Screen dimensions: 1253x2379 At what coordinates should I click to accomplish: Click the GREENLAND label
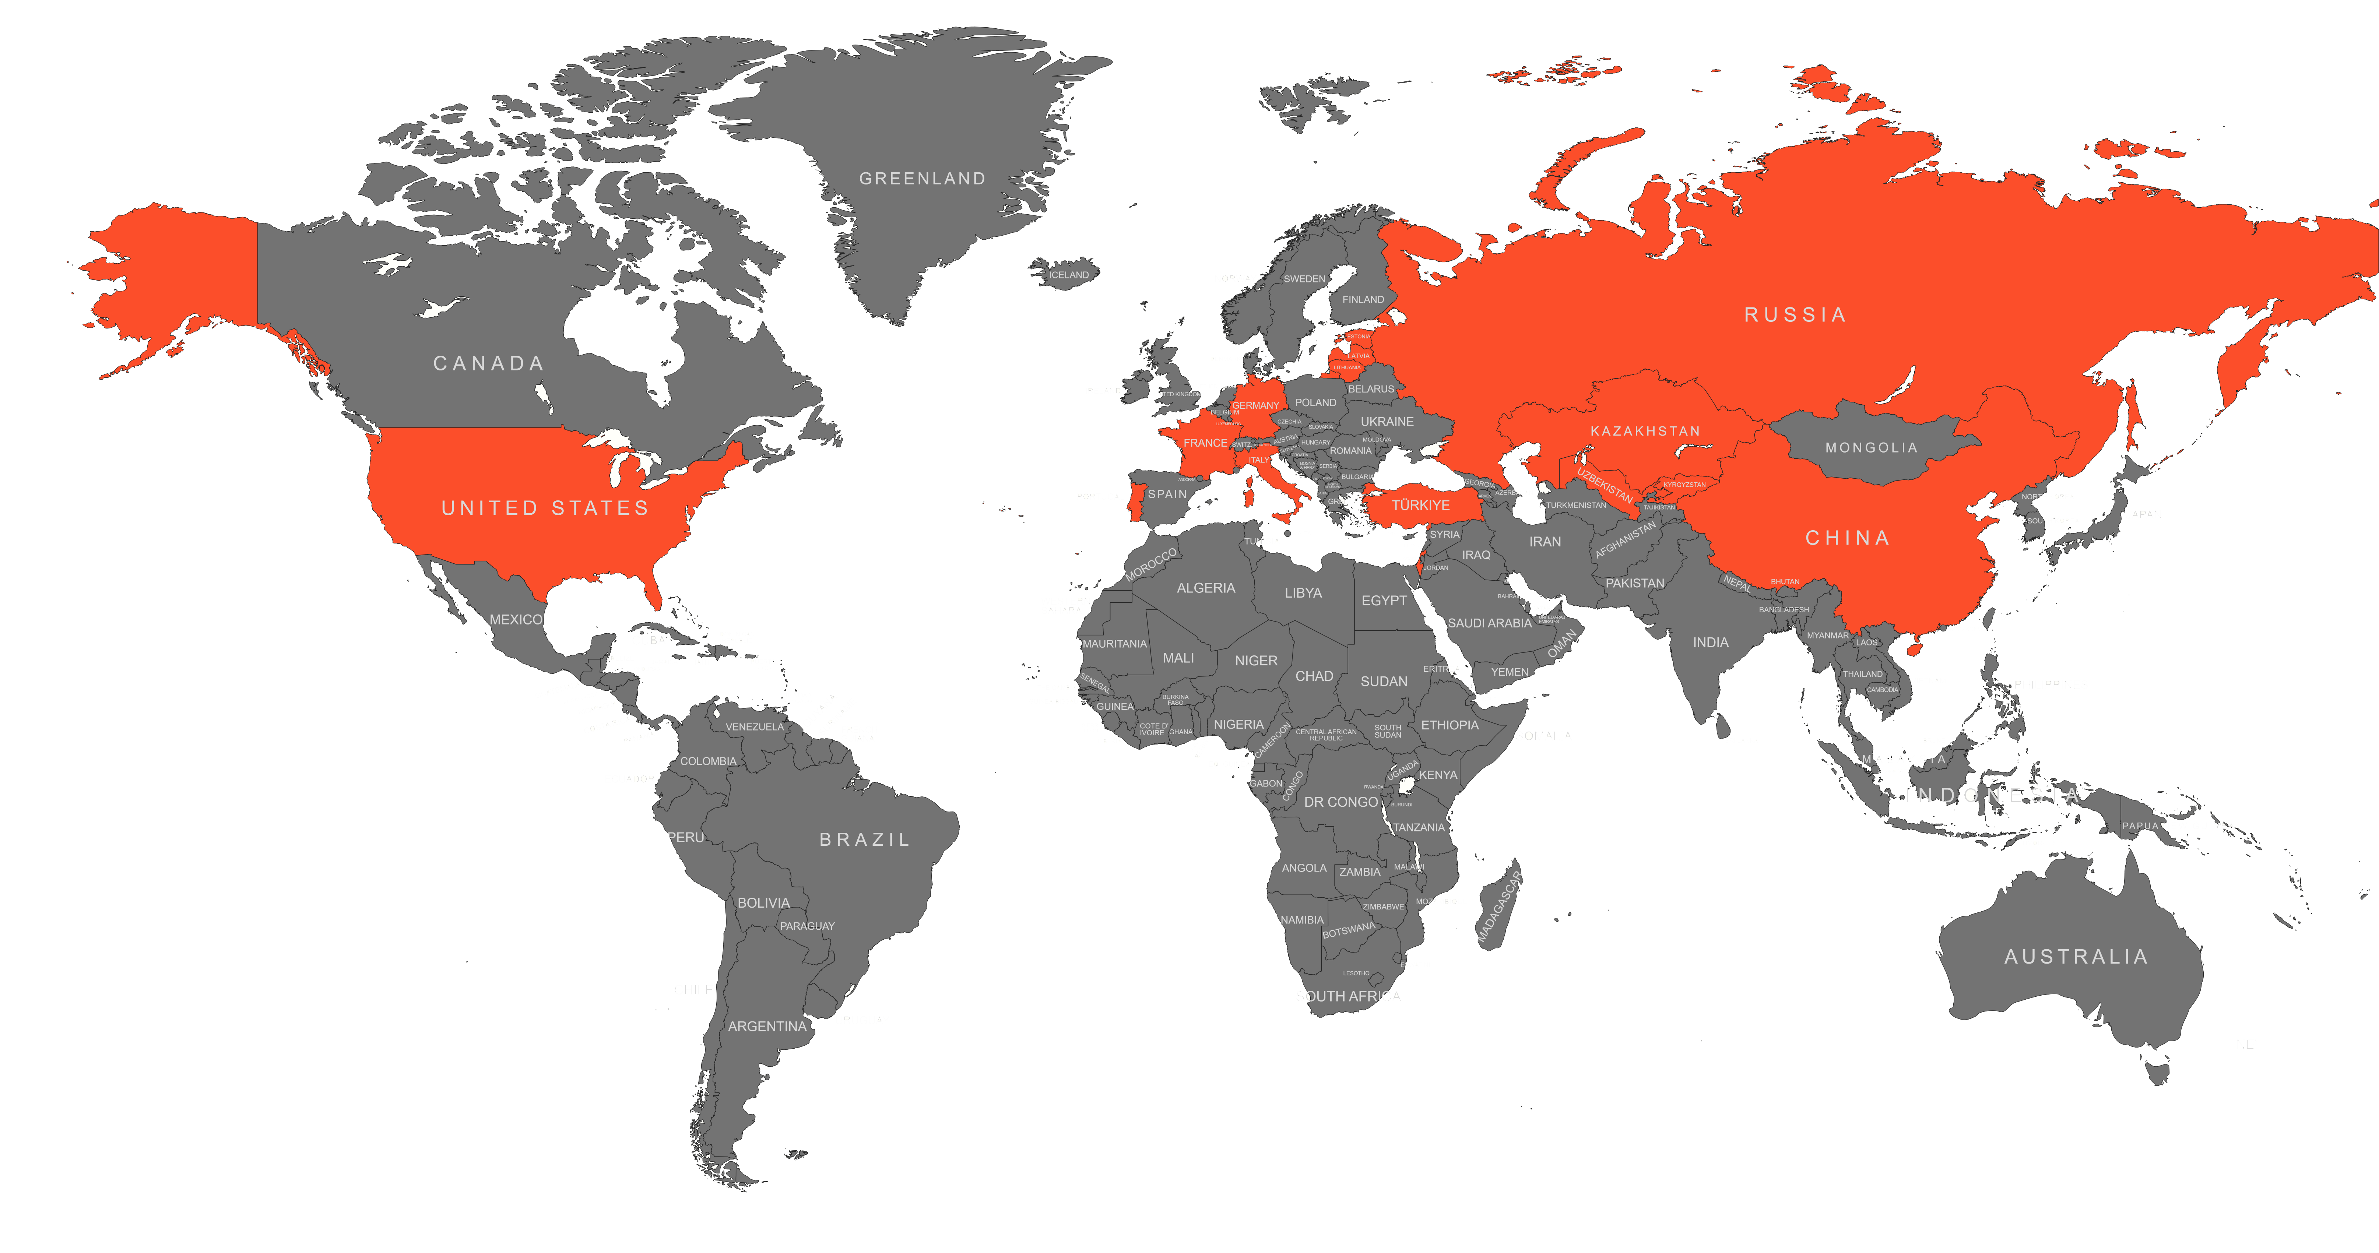coord(922,178)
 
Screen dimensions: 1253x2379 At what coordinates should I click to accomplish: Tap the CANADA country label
coord(489,363)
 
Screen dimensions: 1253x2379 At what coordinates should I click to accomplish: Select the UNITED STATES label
coord(545,508)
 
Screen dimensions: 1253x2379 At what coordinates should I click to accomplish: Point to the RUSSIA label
coord(1795,315)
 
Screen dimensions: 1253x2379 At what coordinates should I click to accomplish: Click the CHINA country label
coord(1847,538)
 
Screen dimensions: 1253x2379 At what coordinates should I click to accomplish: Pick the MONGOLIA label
coord(1871,448)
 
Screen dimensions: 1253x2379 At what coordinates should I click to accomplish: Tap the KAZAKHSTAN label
coord(1645,431)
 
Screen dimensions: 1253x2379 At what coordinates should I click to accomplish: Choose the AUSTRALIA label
coord(2075,957)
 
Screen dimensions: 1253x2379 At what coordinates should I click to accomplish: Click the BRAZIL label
coord(864,840)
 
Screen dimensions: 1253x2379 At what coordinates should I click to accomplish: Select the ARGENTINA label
coord(766,1026)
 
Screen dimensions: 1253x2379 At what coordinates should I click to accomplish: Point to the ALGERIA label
coord(1205,588)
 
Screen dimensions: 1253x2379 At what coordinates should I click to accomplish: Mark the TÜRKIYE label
coord(1420,505)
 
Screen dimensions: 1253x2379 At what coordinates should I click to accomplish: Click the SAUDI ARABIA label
coord(1489,623)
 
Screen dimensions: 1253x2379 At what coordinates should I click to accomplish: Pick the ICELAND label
coord(1068,275)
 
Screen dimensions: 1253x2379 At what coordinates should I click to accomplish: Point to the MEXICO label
coord(515,620)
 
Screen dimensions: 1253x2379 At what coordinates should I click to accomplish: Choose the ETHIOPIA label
coord(1449,725)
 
